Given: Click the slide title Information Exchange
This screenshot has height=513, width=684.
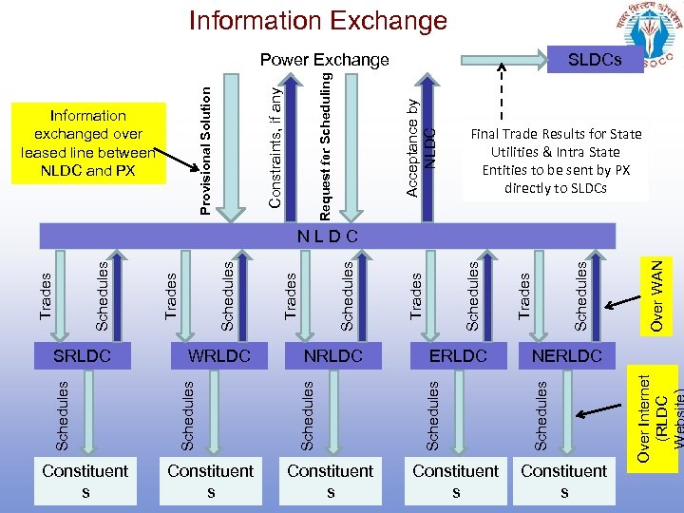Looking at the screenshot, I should tap(317, 20).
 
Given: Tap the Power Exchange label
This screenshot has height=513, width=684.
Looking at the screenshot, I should tap(325, 60).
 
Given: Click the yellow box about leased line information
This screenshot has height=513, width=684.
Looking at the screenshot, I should tap(87, 142).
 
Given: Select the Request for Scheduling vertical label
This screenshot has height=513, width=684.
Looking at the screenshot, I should tap(326, 142).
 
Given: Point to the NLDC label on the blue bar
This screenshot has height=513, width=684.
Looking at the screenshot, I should tap(327, 234).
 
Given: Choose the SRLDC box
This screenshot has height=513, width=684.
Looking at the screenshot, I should tap(83, 356).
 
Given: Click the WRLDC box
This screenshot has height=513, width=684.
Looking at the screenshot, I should tap(219, 356).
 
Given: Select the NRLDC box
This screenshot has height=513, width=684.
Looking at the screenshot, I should tap(333, 356).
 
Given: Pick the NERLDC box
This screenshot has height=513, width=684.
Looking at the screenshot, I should tap(566, 356).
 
